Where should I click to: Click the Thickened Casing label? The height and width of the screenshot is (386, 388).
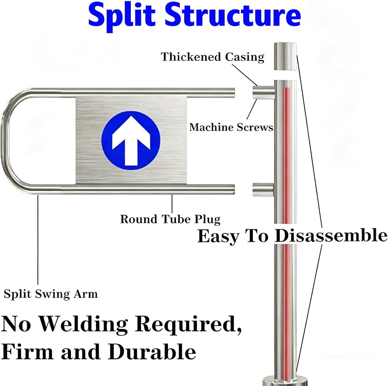click(x=213, y=57)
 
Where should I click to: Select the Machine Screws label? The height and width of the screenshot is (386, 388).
click(x=231, y=127)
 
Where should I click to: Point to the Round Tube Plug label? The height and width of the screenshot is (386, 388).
click(x=170, y=219)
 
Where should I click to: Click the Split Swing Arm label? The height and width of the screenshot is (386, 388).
click(x=51, y=294)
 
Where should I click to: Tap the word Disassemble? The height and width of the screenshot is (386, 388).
click(x=331, y=235)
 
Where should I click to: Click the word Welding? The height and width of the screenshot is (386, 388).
click(x=83, y=324)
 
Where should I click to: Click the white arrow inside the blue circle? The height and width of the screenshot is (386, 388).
click(x=131, y=140)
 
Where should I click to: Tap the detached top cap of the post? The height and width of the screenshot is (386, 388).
click(x=285, y=56)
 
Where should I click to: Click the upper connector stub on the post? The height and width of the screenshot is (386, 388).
click(x=263, y=92)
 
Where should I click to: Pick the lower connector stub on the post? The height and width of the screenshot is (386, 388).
click(x=263, y=190)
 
